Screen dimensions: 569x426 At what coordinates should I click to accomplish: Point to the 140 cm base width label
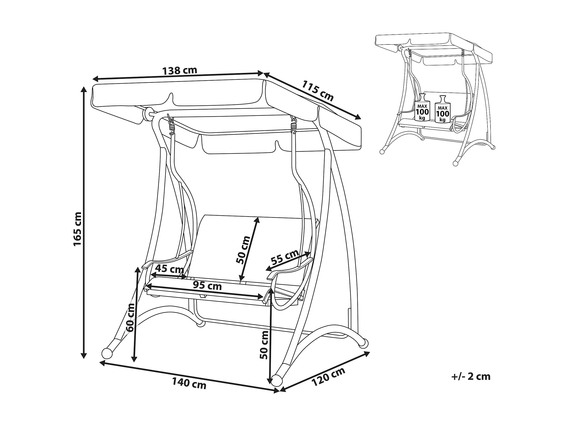click(x=189, y=384)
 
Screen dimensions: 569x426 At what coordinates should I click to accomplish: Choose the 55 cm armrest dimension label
click(x=285, y=257)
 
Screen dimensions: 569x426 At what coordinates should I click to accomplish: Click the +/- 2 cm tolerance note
click(x=471, y=377)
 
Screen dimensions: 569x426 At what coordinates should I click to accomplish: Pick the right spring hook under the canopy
click(x=294, y=126)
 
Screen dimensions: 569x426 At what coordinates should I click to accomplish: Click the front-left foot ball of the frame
click(x=107, y=353)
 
